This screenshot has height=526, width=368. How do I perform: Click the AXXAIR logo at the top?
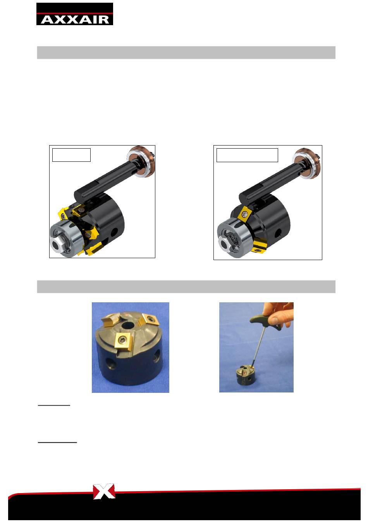(x=74, y=14)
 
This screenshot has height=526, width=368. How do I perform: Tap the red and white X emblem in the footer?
(x=104, y=491)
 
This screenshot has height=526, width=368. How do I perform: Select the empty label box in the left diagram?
(x=71, y=155)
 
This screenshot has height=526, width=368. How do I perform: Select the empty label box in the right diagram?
(x=247, y=155)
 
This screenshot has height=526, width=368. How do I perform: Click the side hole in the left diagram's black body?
(x=114, y=232)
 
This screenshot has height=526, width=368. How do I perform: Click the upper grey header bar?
(x=186, y=52)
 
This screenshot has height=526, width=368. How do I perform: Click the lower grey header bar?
(x=186, y=286)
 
